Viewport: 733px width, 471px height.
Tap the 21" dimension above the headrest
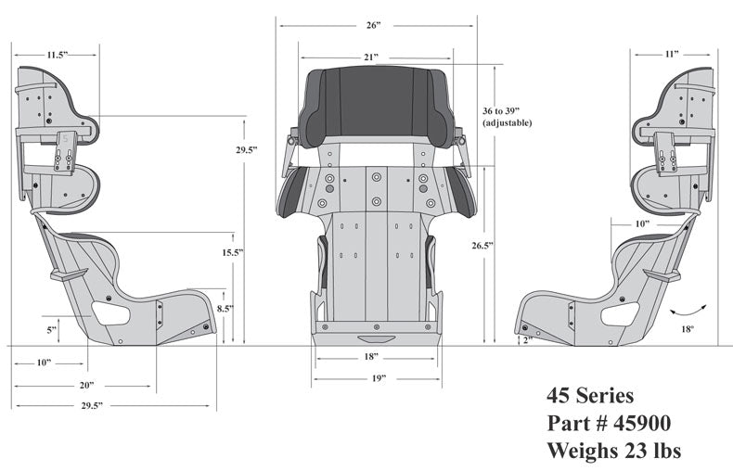pyautogui.click(x=371, y=57)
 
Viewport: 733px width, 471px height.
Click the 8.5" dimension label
pyautogui.click(x=225, y=309)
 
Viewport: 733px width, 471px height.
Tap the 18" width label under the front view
pyautogui.click(x=371, y=357)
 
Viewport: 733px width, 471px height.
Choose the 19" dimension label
pyautogui.click(x=377, y=378)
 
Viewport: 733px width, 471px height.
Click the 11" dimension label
pyautogui.click(x=671, y=55)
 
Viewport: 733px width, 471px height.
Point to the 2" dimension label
pyautogui.click(x=527, y=340)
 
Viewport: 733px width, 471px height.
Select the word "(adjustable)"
pyautogui.click(x=508, y=122)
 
